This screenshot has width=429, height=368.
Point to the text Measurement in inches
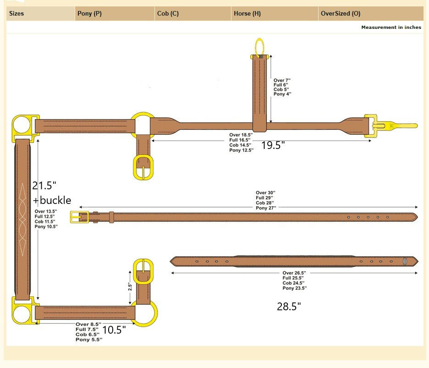[391, 27]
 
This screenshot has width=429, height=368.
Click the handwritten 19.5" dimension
[273, 146]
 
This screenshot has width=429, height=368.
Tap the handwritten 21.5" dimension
[44, 186]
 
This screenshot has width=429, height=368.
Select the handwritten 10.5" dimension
[114, 330]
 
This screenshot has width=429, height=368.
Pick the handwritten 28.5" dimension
[289, 307]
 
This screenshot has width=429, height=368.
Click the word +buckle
[52, 200]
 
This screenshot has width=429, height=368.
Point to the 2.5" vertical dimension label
[130, 287]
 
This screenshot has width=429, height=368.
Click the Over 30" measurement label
[265, 193]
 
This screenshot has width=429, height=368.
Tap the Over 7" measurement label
[282, 80]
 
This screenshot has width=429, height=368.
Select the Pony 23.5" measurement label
[294, 288]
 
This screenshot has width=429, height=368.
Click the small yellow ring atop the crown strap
[259, 47]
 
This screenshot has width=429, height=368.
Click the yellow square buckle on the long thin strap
[79, 217]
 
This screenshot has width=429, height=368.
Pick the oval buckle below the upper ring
[143, 168]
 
